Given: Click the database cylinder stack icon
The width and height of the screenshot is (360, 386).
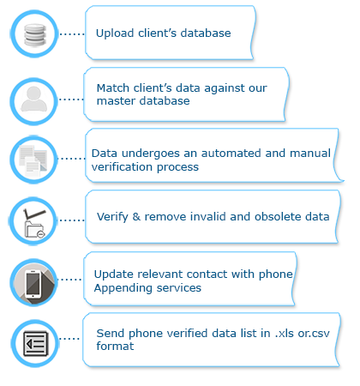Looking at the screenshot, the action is click(34, 35).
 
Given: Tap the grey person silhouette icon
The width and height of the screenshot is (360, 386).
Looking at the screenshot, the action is click(34, 99).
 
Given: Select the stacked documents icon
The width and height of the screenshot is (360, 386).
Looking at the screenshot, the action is click(33, 160).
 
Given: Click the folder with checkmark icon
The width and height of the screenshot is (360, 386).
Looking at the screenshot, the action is click(34, 223).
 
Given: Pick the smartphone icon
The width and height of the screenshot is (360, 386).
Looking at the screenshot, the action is click(33, 284).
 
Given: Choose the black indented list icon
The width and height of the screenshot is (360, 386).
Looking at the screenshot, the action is click(35, 343).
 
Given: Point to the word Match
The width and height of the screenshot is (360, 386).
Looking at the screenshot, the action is click(113, 87).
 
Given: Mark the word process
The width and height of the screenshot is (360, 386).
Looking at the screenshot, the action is click(177, 167).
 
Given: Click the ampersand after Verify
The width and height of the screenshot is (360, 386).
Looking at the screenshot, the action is click(136, 217).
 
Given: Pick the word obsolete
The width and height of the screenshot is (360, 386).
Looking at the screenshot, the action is click(278, 216).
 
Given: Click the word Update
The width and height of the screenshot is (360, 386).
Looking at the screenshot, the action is click(114, 274).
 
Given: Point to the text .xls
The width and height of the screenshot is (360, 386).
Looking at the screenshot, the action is click(285, 334).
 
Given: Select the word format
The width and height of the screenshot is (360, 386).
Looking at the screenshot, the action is click(115, 347).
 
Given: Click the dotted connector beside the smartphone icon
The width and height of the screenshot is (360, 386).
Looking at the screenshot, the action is click(69, 280).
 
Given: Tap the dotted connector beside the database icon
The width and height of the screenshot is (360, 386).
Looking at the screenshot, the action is click(72, 34).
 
